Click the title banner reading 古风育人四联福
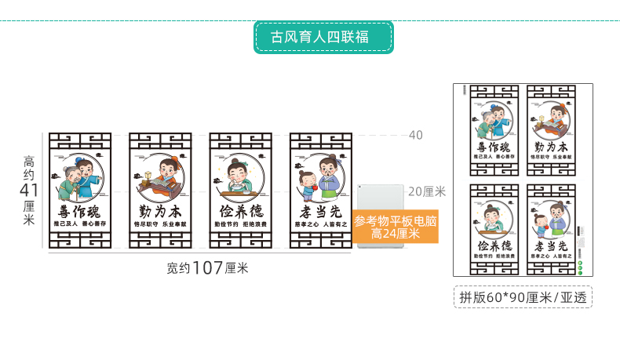point(323,37)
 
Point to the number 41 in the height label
point(31,191)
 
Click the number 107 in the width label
point(208,268)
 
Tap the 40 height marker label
point(415,135)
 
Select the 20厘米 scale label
point(427,191)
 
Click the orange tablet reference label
point(395,227)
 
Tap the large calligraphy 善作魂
point(80,211)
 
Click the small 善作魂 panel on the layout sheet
point(492,128)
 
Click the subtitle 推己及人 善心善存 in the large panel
point(80,224)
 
